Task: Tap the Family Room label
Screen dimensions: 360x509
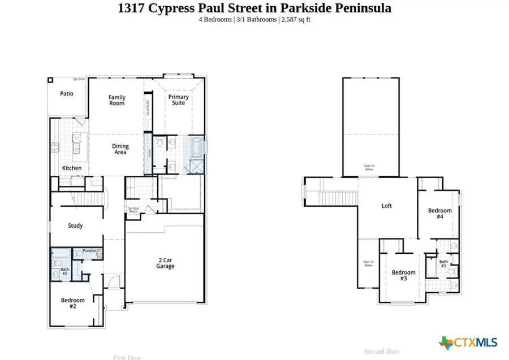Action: [x=117, y=100]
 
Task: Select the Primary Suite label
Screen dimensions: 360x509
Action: [x=178, y=100]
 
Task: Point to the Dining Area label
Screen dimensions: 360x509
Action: [x=120, y=149]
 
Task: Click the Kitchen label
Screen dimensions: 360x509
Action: [x=72, y=168]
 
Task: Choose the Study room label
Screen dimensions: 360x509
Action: [x=75, y=225]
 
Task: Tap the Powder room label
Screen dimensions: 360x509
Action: [x=89, y=250]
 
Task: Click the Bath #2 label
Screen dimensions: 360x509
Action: [x=64, y=272]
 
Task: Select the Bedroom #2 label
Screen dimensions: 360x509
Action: [x=73, y=303]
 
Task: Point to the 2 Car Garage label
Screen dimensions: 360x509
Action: [x=164, y=263]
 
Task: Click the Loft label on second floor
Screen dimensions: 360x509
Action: [x=386, y=206]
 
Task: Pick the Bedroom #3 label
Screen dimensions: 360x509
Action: [x=403, y=275]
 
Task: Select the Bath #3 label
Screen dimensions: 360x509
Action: [x=444, y=264]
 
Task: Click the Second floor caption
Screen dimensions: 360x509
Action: [x=382, y=351]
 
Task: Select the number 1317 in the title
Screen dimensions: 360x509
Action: [x=131, y=8]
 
